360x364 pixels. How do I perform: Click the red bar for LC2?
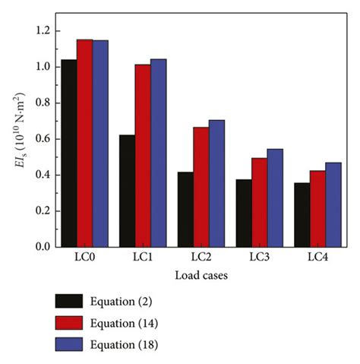pos(201,187)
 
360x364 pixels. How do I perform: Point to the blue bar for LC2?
pos(216,183)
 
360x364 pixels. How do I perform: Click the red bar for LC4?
pos(318,209)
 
